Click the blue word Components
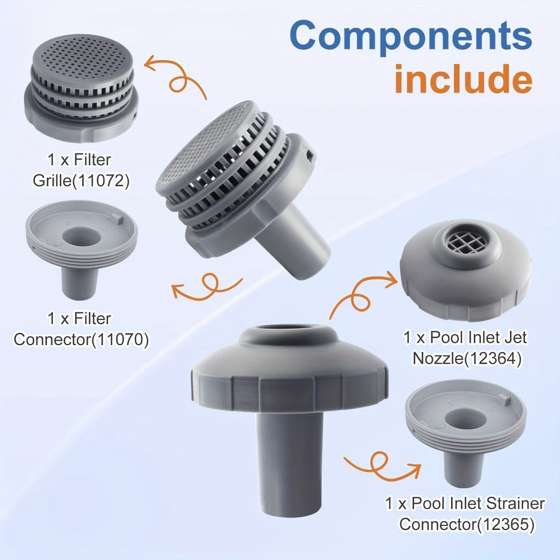[411, 37]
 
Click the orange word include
[463, 79]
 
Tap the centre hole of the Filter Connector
[80, 237]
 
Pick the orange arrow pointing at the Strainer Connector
[381, 465]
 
